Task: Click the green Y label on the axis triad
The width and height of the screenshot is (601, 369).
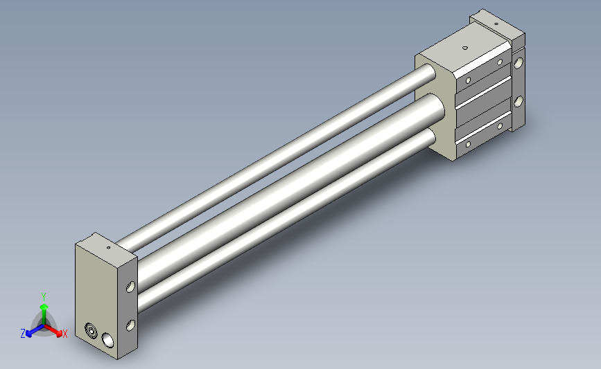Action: point(44,297)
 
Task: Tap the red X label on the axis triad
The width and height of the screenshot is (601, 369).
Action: point(64,334)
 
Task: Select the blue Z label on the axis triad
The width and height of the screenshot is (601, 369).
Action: point(23,334)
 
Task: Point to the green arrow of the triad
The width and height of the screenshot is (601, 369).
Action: point(44,314)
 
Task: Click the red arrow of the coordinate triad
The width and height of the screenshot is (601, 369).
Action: point(53,331)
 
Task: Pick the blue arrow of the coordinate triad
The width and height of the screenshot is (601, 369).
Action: point(35,330)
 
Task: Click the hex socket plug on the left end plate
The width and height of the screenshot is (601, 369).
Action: point(91,330)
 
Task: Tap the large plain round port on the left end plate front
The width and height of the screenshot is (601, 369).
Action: point(107,341)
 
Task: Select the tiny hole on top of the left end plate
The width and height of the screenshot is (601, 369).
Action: point(108,248)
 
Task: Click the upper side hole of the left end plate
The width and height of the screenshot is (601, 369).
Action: point(131,287)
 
